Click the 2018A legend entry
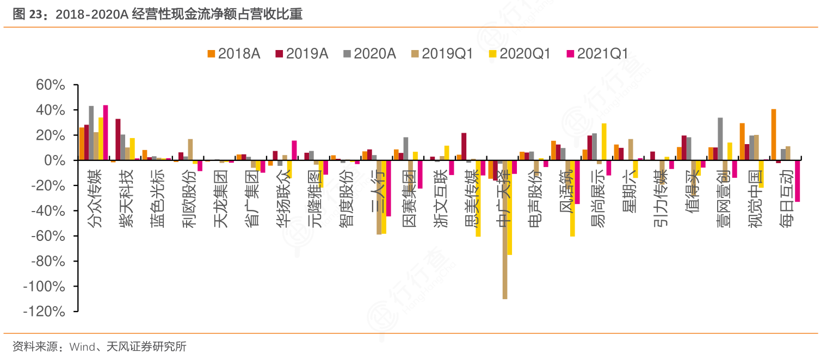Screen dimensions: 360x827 (x=233, y=53)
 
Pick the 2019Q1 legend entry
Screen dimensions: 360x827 (x=441, y=53)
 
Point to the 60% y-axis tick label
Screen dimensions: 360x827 (x=51, y=85)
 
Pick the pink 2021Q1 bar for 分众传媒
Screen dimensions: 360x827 (x=106, y=133)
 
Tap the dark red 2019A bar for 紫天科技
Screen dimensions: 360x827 (x=118, y=139)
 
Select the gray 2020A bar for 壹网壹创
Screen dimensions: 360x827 (x=720, y=139)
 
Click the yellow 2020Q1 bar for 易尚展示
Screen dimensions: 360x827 (x=604, y=142)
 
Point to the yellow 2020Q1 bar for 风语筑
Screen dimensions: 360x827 (x=572, y=198)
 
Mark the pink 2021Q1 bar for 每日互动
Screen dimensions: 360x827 (x=797, y=181)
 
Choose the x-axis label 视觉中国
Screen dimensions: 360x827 (x=756, y=198)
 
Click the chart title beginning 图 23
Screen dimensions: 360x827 (x=158, y=14)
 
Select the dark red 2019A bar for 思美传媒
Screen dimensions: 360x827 (x=464, y=147)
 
